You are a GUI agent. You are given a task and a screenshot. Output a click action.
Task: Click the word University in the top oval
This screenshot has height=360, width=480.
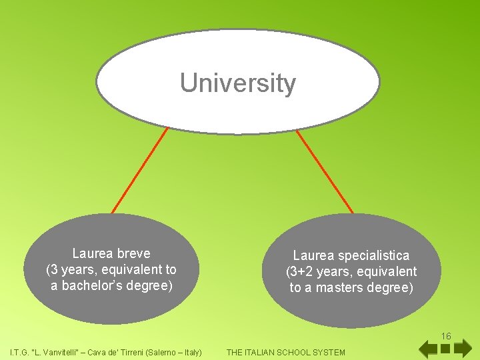(238, 83)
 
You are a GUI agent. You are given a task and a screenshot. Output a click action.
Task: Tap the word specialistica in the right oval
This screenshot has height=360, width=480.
(375, 255)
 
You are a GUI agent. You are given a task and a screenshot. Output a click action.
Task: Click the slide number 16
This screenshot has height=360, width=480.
(446, 336)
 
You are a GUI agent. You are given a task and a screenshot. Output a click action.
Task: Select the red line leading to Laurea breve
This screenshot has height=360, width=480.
(140, 170)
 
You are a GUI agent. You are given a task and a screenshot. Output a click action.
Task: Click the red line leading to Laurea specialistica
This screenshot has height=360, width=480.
(325, 170)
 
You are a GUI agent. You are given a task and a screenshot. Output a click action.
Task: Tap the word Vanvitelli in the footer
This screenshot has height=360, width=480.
(62, 352)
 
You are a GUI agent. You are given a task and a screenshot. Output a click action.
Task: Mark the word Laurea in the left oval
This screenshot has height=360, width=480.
(92, 253)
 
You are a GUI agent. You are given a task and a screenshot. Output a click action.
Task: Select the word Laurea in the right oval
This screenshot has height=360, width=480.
(313, 255)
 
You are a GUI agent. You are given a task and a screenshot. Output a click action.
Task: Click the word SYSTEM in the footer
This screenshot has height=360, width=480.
(329, 352)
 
